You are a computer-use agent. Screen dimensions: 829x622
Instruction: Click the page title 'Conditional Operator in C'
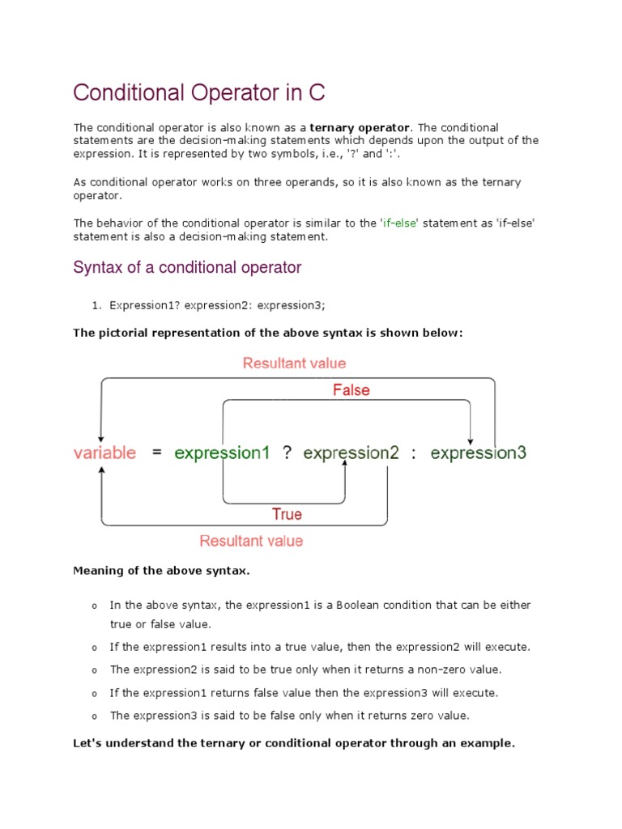coord(199,93)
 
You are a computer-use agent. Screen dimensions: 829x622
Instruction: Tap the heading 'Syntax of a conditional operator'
coord(187,267)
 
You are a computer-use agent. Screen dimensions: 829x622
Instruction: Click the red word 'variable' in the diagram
coord(105,453)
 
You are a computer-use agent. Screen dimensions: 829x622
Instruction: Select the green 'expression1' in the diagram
coord(222,453)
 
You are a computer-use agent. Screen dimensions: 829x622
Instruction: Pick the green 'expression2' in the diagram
coord(351,453)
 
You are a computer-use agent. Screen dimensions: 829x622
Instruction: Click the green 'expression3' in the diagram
coord(479,453)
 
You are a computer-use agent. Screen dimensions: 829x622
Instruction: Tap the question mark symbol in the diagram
coord(287,453)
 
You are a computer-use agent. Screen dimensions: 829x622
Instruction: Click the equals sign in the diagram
coord(156,453)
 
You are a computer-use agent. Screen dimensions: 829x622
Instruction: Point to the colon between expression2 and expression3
coord(414,453)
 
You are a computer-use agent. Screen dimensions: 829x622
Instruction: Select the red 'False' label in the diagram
coord(351,390)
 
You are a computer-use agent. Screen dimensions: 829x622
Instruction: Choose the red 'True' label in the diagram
coord(287,514)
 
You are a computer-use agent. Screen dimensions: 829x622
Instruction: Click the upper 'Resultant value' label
coord(294,363)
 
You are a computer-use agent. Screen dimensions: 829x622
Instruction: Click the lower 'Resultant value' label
coord(251,541)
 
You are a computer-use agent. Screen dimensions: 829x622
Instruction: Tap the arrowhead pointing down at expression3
coord(471,436)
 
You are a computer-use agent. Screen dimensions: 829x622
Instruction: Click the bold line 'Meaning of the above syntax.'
coord(162,571)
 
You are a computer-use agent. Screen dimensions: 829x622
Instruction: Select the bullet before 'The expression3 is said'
coord(94,716)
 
